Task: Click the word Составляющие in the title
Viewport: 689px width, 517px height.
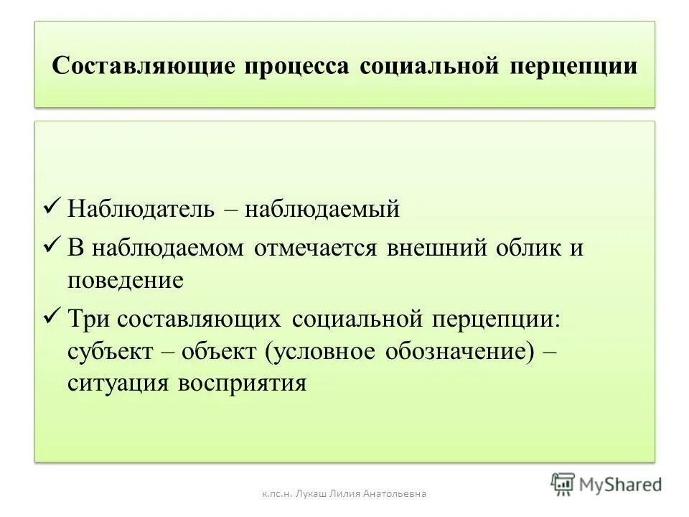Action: tap(144, 66)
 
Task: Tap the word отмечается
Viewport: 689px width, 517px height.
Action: tap(317, 248)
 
